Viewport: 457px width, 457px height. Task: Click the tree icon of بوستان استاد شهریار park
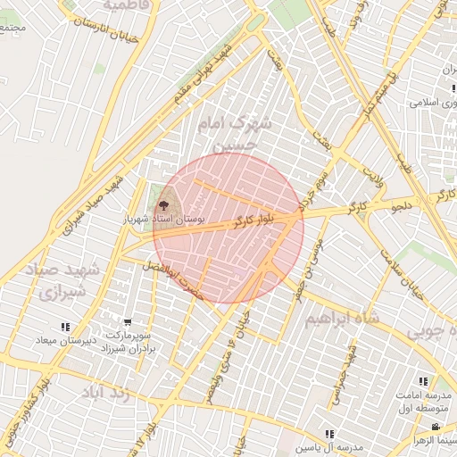(162, 204)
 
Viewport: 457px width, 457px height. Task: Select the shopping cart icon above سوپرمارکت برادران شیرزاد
(129, 322)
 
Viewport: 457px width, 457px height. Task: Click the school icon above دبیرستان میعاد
(64, 328)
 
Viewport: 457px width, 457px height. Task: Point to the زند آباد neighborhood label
(106, 393)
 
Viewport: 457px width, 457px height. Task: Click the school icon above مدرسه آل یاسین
(329, 434)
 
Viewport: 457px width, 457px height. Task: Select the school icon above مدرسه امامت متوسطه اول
(422, 381)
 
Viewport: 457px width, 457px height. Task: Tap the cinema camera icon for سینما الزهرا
(436, 428)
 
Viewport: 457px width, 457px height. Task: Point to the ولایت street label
(373, 168)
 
